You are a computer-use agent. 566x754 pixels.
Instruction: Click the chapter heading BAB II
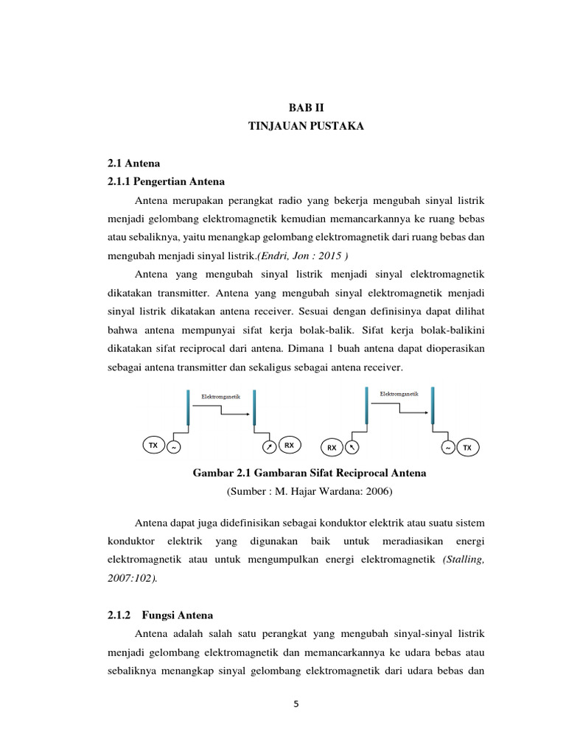(306, 108)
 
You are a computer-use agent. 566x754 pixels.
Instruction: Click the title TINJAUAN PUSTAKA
(306, 127)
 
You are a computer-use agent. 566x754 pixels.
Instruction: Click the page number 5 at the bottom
(296, 704)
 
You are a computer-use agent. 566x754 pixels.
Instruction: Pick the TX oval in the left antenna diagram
(153, 445)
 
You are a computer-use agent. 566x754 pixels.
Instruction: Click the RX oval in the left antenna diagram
(290, 445)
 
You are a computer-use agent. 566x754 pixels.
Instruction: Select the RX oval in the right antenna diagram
(332, 447)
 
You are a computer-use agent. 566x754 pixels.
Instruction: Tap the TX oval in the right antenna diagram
(467, 447)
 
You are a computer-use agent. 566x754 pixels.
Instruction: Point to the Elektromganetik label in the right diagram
(399, 394)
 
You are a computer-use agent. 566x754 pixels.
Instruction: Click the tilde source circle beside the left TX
(174, 446)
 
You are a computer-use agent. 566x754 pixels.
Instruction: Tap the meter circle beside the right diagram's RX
(352, 447)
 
